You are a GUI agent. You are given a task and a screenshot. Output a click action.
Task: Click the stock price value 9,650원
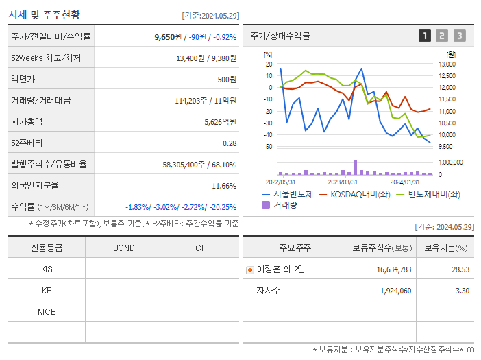(168, 37)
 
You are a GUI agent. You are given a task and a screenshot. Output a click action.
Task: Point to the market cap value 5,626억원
(220, 122)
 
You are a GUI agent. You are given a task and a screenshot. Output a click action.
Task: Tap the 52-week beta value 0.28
(230, 143)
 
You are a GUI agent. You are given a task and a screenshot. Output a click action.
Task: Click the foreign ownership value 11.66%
(224, 186)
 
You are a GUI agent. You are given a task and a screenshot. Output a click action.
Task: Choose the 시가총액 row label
(27, 122)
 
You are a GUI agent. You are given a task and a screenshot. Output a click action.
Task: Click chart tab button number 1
(425, 36)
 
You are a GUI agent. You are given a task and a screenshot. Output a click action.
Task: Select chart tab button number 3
(459, 36)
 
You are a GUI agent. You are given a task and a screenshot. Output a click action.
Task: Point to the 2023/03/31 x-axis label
(343, 182)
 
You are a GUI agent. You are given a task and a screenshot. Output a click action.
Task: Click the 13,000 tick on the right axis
(447, 64)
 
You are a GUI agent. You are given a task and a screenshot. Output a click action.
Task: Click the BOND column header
(124, 248)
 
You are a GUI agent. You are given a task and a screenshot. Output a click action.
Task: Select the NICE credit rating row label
(47, 312)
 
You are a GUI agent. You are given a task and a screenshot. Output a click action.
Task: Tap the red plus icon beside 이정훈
(250, 270)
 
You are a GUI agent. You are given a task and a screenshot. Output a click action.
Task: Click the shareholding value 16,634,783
(394, 270)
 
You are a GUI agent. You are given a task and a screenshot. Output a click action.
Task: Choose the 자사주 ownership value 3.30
(463, 291)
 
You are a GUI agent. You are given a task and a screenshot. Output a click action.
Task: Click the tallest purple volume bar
(355, 167)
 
